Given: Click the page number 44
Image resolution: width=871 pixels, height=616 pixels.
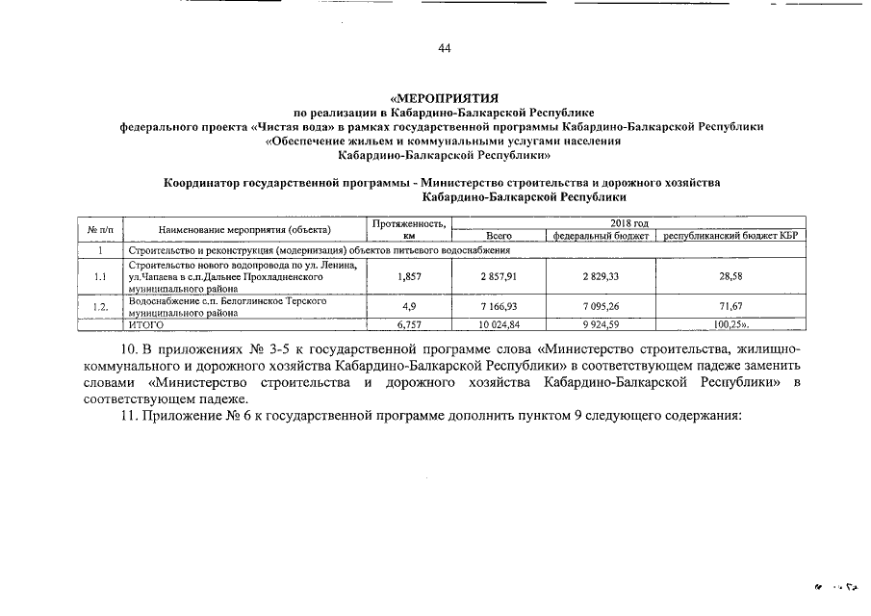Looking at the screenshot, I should tap(444, 49).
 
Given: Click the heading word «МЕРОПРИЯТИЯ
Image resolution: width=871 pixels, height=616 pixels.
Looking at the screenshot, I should tap(444, 98).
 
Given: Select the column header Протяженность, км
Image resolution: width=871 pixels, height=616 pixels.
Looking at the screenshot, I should tap(409, 229).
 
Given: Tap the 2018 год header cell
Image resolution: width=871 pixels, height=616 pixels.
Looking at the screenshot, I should tap(630, 223).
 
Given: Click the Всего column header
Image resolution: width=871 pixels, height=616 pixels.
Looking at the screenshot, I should tap(499, 235).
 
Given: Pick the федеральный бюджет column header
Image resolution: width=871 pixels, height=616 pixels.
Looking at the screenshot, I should tap(600, 235).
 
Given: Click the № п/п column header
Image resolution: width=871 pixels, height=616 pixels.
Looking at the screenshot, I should tap(100, 229).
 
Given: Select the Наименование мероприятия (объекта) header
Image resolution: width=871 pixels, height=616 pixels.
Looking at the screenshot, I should tap(244, 229).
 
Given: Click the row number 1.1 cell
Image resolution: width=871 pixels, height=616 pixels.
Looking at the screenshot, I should tap(100, 276).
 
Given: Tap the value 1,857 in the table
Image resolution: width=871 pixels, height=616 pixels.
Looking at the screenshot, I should tap(409, 276).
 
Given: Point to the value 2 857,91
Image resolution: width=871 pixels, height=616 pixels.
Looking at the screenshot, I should tap(499, 276).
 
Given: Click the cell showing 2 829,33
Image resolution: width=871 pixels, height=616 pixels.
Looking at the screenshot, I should tap(600, 276).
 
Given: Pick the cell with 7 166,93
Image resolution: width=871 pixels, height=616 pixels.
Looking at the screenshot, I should tap(499, 307).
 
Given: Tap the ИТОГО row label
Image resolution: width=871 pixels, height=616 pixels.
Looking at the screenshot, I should tap(146, 325).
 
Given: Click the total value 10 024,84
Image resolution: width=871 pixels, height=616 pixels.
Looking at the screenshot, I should tap(499, 325).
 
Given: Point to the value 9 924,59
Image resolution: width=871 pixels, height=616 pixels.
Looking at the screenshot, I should tap(600, 325).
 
